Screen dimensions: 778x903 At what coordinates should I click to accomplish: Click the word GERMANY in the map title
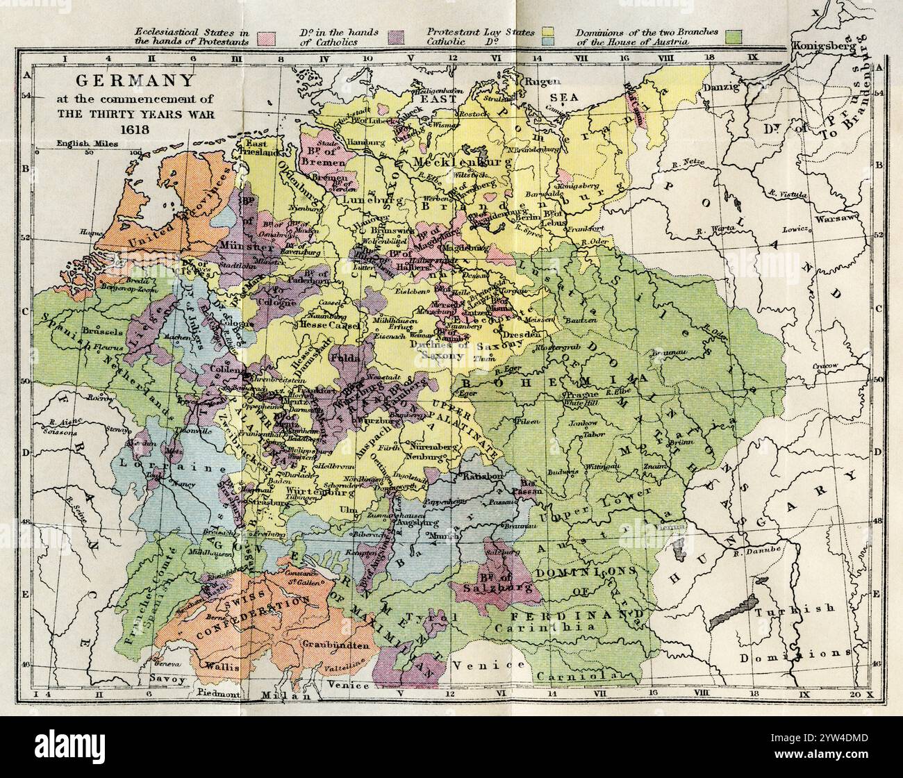click(135, 81)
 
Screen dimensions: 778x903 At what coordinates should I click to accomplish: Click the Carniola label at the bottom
click(588, 676)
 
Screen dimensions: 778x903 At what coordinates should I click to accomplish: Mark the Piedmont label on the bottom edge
click(218, 693)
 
